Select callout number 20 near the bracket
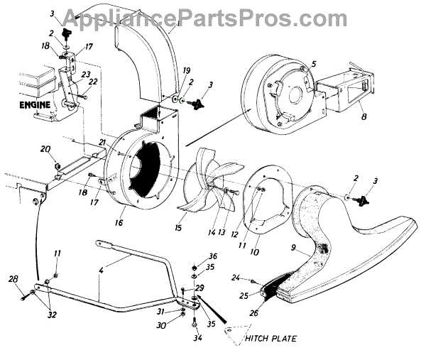click(45, 149)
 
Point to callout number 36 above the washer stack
click(193, 256)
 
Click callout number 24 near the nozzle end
click(235, 278)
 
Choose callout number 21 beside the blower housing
click(102, 143)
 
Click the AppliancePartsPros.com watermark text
click(213, 16)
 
